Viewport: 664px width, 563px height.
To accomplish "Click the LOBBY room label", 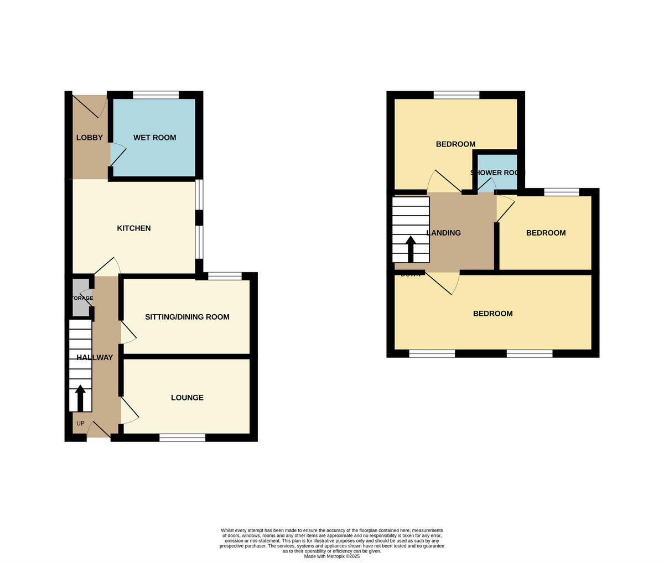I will (89, 138).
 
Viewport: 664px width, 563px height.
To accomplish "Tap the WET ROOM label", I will (154, 138).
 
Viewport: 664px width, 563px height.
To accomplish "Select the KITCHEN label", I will (133, 228).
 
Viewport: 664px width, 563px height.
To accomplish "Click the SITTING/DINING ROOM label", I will (187, 317).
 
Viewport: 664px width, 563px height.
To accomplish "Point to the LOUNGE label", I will (187, 398).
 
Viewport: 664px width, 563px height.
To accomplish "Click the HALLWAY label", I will (95, 358).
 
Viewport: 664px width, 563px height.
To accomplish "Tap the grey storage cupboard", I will (81, 298).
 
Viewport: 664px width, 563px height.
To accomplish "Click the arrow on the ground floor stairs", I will (80, 397).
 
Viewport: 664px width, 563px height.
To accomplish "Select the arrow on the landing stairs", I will (411, 248).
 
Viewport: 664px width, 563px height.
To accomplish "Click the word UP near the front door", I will (80, 424).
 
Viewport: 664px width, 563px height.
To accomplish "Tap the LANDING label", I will (444, 233).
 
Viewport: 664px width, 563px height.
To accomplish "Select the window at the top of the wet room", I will (156, 95).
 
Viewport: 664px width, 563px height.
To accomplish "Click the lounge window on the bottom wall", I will (182, 437).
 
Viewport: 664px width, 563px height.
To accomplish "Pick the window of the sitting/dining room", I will (225, 276).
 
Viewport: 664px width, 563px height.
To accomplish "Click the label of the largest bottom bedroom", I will (492, 314).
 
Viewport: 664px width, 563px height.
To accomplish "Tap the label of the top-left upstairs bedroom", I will (455, 144).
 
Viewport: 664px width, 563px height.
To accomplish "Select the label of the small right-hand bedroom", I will (546, 233).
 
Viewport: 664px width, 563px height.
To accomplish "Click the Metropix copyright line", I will (331, 556).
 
